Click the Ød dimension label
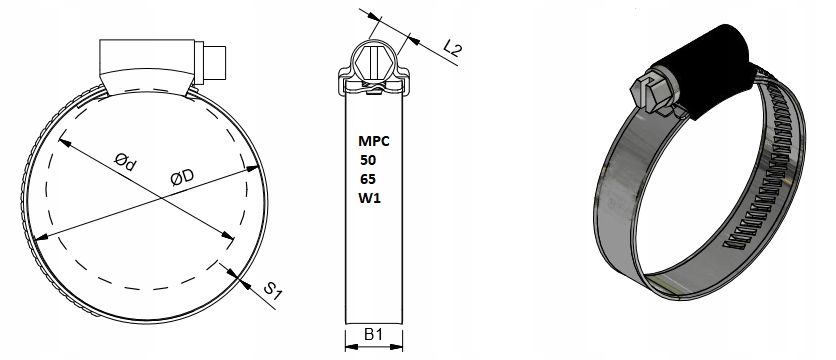[x=125, y=162]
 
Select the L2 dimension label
[x=453, y=48]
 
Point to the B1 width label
[x=373, y=334]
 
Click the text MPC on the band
[x=374, y=141]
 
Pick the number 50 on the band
[x=368, y=160]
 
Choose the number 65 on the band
[x=368, y=179]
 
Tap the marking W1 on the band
[x=369, y=198]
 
